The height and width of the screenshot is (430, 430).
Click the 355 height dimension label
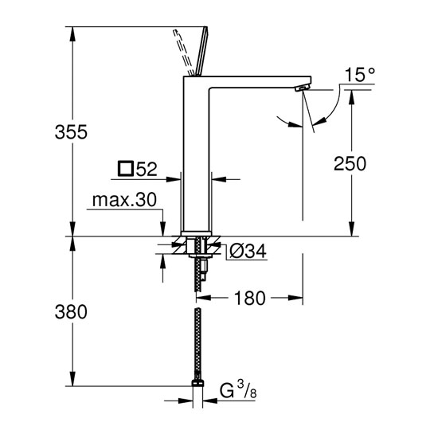click(71, 132)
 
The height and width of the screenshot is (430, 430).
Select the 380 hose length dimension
click(71, 312)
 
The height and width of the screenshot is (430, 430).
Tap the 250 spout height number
click(350, 164)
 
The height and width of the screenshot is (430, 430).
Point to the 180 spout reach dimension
click(250, 298)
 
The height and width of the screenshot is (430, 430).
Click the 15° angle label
click(359, 74)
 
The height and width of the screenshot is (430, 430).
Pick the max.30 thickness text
click(124, 200)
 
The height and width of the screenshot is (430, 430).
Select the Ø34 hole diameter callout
click(248, 251)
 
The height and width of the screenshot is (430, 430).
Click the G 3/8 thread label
click(238, 390)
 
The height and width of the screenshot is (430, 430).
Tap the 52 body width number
click(147, 169)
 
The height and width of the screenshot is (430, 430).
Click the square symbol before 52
click(126, 169)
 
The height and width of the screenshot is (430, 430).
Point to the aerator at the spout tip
click(302, 88)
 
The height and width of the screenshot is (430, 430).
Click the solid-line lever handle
click(201, 51)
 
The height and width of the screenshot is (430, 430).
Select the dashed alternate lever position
click(183, 52)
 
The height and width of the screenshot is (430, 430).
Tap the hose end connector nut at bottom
click(197, 383)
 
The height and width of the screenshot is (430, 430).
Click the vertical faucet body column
click(196, 154)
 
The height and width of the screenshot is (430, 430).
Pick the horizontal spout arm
click(260, 82)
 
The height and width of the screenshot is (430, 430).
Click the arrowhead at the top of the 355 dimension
click(72, 33)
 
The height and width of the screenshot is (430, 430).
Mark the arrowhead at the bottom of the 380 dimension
click(72, 379)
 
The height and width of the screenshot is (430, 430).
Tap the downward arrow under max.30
click(163, 229)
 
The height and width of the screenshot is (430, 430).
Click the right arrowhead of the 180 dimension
click(295, 298)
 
